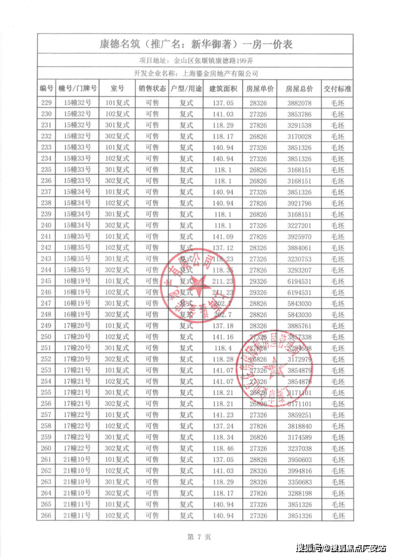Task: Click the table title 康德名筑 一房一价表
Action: (x=196, y=44)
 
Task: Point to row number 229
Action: (x=46, y=102)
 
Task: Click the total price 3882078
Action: (x=299, y=102)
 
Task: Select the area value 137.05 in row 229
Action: (x=223, y=102)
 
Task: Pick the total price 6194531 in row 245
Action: (x=299, y=281)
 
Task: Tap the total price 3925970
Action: (x=299, y=236)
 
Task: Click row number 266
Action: (x=46, y=515)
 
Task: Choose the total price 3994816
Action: (x=299, y=470)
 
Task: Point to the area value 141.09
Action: (x=223, y=236)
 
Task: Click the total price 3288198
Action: (x=299, y=493)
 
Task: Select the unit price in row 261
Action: (x=261, y=459)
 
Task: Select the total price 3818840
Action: (x=299, y=425)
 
